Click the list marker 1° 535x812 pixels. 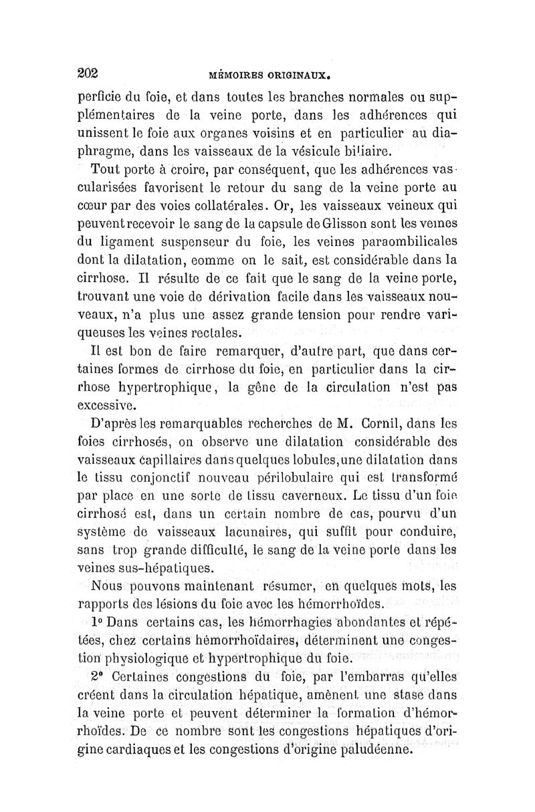pyautogui.click(x=99, y=622)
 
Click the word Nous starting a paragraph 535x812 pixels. pyautogui.click(x=106, y=586)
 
